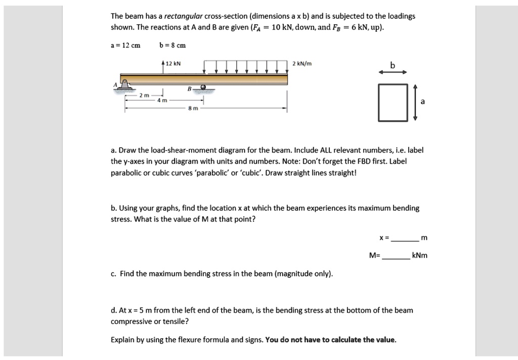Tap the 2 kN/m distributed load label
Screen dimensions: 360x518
(x=302, y=64)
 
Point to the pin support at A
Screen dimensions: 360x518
(x=123, y=88)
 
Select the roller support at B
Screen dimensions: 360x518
(x=203, y=88)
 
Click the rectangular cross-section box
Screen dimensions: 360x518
(x=392, y=102)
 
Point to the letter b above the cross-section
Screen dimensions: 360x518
(x=392, y=64)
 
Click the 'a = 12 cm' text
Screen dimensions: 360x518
(x=125, y=45)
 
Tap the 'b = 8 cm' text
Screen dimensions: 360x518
(x=172, y=45)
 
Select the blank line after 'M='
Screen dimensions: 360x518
(x=396, y=256)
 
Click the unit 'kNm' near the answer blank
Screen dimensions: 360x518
(x=420, y=255)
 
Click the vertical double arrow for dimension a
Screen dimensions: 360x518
(x=415, y=102)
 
